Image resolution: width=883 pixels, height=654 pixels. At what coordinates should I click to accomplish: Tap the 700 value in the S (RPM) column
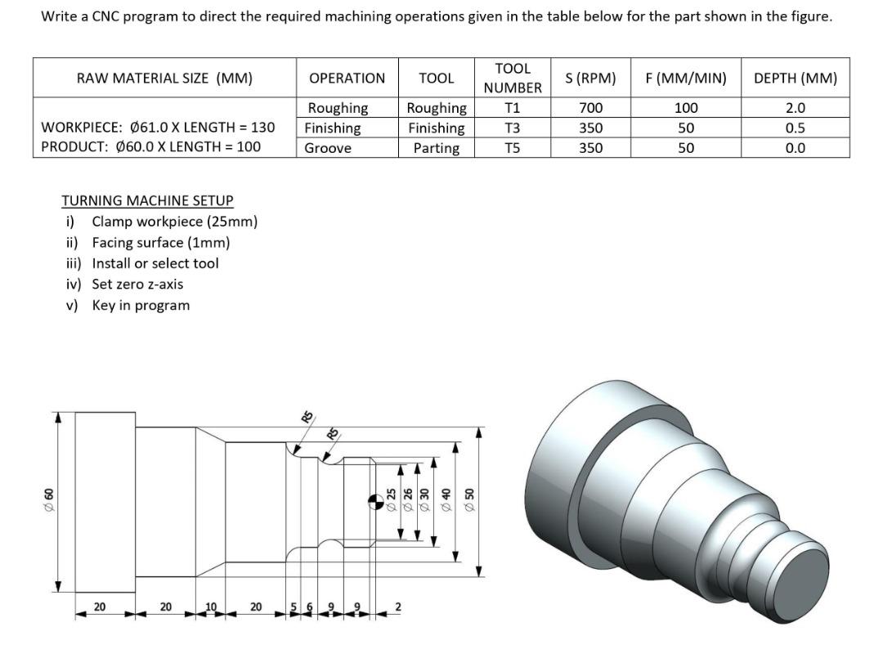pyautogui.click(x=590, y=108)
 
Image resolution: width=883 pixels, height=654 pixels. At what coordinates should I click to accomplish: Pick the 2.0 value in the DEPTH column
pyautogui.click(x=795, y=108)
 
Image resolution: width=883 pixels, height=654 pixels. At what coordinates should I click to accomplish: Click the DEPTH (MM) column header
pyautogui.click(x=795, y=78)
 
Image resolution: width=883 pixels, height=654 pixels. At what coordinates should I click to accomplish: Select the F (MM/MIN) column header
pyautogui.click(x=685, y=78)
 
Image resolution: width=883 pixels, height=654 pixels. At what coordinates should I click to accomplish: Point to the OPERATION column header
pyautogui.click(x=347, y=78)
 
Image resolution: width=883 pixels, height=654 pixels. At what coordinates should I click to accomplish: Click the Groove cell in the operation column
pyautogui.click(x=328, y=148)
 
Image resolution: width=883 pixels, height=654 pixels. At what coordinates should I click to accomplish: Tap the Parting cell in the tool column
pyautogui.click(x=436, y=148)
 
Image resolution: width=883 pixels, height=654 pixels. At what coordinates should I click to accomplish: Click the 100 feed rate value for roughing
pyautogui.click(x=686, y=108)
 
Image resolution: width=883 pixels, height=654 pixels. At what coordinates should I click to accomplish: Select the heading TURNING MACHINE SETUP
pyautogui.click(x=147, y=200)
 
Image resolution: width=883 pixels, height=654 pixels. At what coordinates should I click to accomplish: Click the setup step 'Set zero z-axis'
pyautogui.click(x=137, y=284)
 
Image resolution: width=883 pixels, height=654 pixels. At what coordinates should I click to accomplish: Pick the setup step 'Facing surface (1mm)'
pyautogui.click(x=160, y=243)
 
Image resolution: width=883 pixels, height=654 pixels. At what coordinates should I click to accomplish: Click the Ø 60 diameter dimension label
pyautogui.click(x=48, y=496)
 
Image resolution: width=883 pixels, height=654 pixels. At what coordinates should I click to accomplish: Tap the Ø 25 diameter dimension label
pyautogui.click(x=391, y=498)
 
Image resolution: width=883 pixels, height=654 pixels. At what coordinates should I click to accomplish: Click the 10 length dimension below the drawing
pyautogui.click(x=210, y=607)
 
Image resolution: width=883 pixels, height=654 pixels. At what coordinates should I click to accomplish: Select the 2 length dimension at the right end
pyautogui.click(x=398, y=607)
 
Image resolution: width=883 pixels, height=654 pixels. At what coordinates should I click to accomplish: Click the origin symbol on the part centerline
pyautogui.click(x=374, y=499)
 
